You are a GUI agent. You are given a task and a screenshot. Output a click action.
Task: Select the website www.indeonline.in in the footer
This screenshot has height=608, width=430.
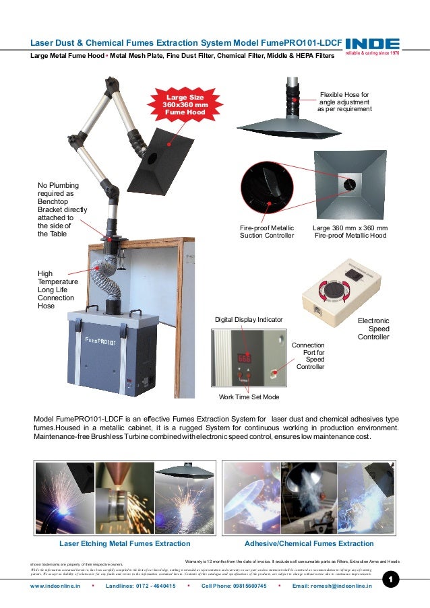click(x=55, y=586)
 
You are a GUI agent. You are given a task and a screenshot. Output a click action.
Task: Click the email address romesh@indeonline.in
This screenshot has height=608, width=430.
click(x=332, y=586)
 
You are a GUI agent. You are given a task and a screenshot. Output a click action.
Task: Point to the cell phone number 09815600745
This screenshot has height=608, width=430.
click(x=234, y=586)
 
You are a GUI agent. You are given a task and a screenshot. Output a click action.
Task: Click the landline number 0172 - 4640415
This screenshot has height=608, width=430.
click(x=141, y=586)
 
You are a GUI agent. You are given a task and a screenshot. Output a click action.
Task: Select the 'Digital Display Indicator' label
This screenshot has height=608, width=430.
click(x=249, y=319)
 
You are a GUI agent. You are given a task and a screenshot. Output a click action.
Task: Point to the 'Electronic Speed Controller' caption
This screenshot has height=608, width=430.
click(x=373, y=329)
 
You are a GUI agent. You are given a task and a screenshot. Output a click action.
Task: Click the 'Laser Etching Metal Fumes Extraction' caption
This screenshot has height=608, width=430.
click(x=125, y=543)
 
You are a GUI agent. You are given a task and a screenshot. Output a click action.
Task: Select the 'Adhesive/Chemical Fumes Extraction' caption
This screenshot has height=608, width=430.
click(x=309, y=543)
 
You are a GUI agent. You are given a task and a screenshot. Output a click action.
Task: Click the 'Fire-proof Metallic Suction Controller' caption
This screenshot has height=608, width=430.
click(x=267, y=232)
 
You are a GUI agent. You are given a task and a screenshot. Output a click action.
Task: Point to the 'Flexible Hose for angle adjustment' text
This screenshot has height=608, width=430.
click(x=344, y=102)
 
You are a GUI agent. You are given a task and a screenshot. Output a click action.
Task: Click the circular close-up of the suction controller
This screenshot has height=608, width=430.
click(x=267, y=189)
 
